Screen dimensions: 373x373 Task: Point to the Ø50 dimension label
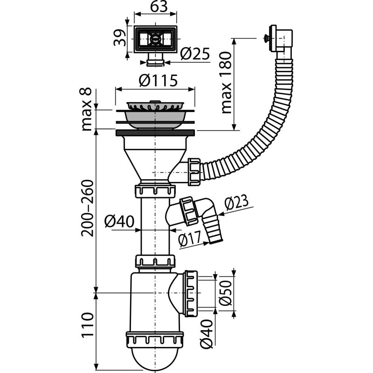(x=226, y=291)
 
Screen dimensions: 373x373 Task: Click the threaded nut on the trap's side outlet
(x=191, y=293)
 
